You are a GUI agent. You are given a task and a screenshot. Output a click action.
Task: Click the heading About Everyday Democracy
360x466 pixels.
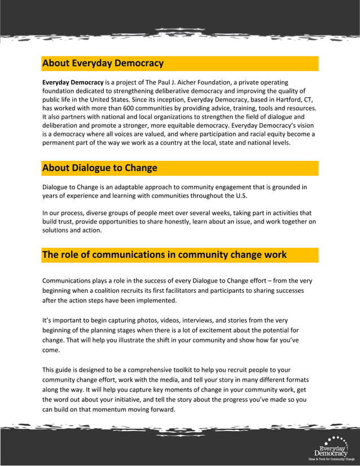tap(103, 63)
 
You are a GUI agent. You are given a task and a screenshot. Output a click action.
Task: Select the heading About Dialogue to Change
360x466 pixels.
tap(99, 168)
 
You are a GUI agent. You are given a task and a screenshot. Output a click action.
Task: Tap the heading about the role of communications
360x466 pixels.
tap(164, 255)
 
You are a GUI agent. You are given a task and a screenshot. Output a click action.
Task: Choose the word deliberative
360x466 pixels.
tap(170, 91)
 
